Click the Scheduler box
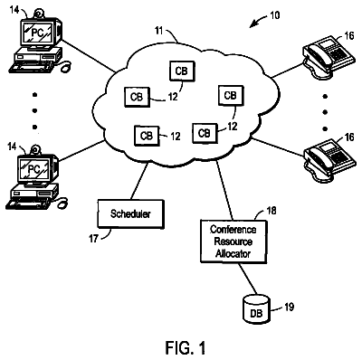point(130,214)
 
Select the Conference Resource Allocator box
point(233,242)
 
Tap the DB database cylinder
point(256,309)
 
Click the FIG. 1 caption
point(186,347)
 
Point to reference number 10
point(274,15)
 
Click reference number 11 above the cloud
point(158,31)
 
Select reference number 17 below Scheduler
point(93,239)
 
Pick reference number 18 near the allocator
point(271,211)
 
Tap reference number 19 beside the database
point(289,307)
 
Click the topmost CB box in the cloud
point(182,71)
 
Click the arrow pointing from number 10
point(258,21)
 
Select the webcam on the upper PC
point(38,14)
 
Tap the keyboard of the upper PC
point(31,67)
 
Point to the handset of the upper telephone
point(316,55)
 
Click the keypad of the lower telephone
point(341,157)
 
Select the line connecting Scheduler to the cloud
point(139,182)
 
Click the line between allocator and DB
point(248,279)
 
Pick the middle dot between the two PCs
point(35,111)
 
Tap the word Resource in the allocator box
point(233,242)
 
